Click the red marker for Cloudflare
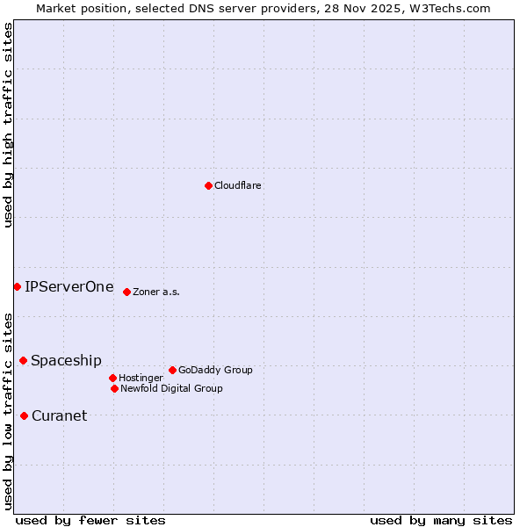pyautogui.click(x=208, y=185)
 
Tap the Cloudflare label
pyautogui.click(x=238, y=186)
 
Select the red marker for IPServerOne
pyautogui.click(x=17, y=286)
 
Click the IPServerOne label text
pyautogui.click(x=69, y=286)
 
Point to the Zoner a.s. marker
pyautogui.click(x=126, y=292)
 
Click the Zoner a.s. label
pyautogui.click(x=156, y=292)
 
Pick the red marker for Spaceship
pyautogui.click(x=23, y=360)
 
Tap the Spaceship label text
pyautogui.click(x=66, y=361)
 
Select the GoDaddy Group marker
pyautogui.click(x=172, y=370)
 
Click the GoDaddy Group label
pyautogui.click(x=215, y=371)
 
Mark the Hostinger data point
pyautogui.click(x=112, y=378)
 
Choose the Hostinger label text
pyautogui.click(x=141, y=379)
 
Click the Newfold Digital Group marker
pyautogui.click(x=114, y=388)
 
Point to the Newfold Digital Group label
pyautogui.click(x=171, y=389)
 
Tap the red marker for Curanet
pyautogui.click(x=24, y=415)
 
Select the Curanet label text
pyautogui.click(x=60, y=416)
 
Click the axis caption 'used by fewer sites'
pyautogui.click(x=90, y=520)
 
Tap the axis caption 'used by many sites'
pyautogui.click(x=441, y=520)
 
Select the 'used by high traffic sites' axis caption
pyautogui.click(x=8, y=126)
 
